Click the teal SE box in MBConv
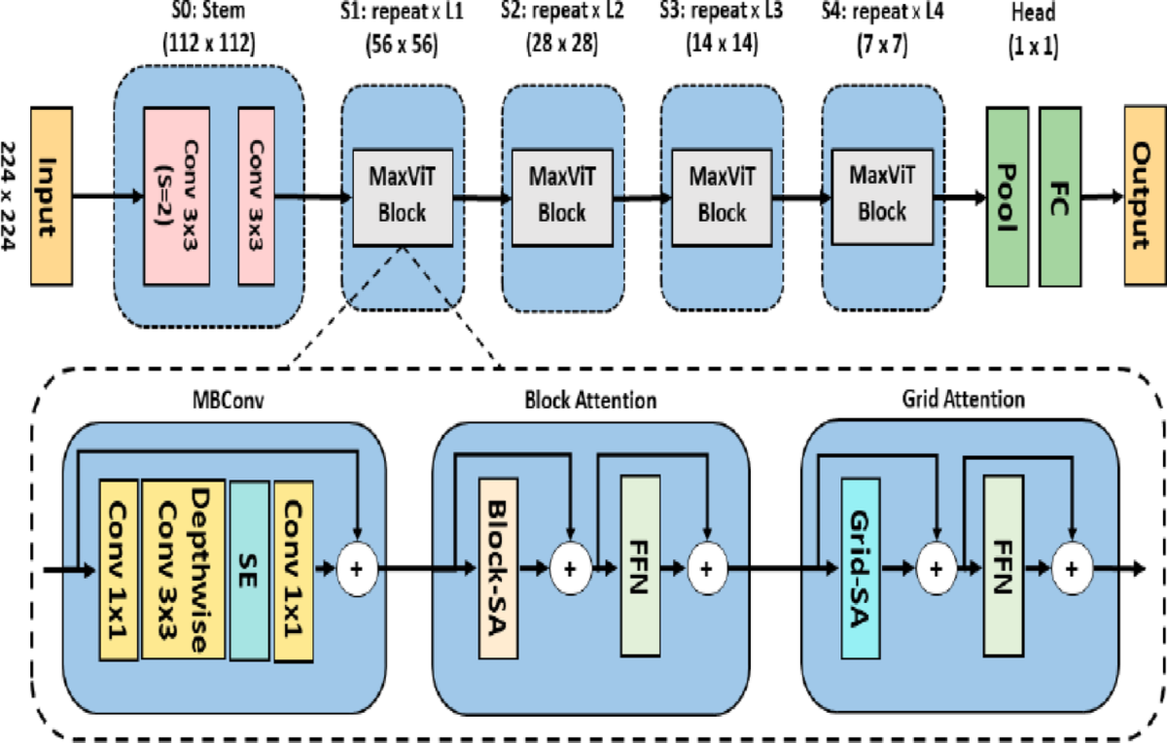pyautogui.click(x=249, y=569)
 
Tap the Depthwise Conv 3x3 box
pyautogui.click(x=184, y=569)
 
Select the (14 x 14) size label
pyautogui.click(x=720, y=45)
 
